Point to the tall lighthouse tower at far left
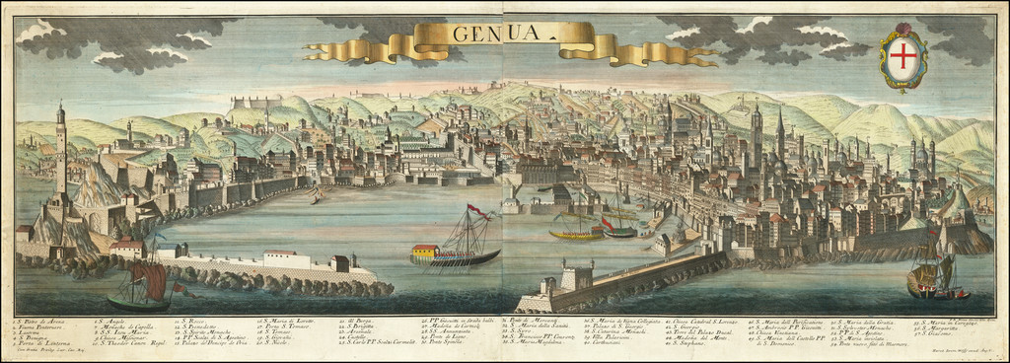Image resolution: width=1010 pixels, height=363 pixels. pos(61,148)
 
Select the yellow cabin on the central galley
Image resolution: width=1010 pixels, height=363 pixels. pos(425,253)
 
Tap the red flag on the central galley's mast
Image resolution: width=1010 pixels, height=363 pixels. pos(478,210)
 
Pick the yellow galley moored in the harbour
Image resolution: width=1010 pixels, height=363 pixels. pos(576,235)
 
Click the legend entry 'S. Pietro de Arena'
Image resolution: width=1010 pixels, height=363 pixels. pos(44,322)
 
